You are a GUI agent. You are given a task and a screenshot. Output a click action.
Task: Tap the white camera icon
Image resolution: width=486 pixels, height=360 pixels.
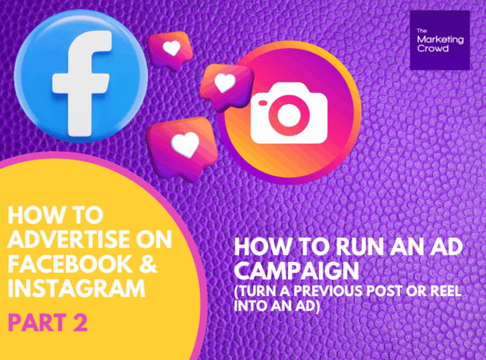(x=289, y=113)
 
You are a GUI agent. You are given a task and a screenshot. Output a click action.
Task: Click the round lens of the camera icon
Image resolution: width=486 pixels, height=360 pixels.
(x=289, y=115)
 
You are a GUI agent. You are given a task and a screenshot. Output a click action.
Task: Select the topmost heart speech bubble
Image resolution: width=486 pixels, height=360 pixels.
(x=169, y=51)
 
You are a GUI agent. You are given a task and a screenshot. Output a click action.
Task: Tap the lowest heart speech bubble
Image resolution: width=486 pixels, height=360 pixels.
(x=182, y=148)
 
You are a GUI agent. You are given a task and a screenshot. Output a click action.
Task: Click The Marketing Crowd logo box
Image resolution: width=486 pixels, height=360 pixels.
(x=440, y=40)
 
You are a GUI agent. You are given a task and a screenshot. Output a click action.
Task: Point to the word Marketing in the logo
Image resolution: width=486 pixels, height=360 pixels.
(x=440, y=40)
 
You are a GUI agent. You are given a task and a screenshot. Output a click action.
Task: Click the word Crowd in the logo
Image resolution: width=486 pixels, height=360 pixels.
(x=433, y=48)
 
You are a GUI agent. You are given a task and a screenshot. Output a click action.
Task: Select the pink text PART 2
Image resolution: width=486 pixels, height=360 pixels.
(x=47, y=323)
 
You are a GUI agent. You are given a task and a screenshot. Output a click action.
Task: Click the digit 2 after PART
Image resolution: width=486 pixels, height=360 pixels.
(x=80, y=323)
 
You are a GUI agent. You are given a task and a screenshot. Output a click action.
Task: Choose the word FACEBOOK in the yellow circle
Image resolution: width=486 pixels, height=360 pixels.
(x=70, y=264)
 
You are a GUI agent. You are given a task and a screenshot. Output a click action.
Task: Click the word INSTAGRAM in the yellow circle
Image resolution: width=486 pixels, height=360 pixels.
(x=77, y=289)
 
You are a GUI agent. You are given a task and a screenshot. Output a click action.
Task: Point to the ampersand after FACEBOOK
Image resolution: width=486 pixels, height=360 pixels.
(x=148, y=264)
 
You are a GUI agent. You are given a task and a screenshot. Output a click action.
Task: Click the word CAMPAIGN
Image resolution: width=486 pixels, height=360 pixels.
(x=297, y=270)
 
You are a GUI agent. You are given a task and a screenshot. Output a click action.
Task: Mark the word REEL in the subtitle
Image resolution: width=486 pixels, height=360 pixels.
(x=446, y=291)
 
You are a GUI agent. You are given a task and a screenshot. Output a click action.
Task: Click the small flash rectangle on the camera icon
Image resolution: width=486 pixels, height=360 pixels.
(x=263, y=103)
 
